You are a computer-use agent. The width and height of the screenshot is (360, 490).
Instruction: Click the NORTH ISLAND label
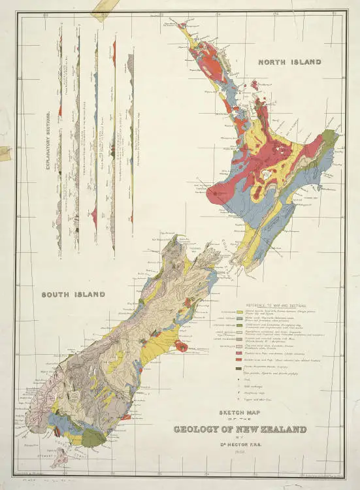(x=289, y=62)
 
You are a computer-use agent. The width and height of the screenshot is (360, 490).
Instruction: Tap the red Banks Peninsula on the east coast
(x=182, y=346)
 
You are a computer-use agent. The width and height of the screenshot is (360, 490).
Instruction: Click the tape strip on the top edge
(x=101, y=8)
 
